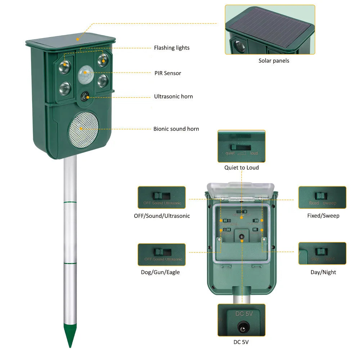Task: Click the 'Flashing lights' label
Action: (x=171, y=48)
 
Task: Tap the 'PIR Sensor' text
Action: (x=167, y=73)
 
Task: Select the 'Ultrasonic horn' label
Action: (x=173, y=96)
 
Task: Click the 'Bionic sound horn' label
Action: (x=176, y=129)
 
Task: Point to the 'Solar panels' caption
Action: (x=274, y=61)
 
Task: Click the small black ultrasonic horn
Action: (x=85, y=96)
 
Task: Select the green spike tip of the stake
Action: (x=70, y=335)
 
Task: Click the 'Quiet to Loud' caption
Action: (x=241, y=168)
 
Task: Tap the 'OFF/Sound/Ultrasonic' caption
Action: (x=162, y=216)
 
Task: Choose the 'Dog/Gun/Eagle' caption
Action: (x=160, y=272)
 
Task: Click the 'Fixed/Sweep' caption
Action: (x=323, y=216)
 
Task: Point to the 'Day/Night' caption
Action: (x=323, y=272)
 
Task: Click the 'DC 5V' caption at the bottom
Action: (x=241, y=342)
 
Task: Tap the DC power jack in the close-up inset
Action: (x=241, y=327)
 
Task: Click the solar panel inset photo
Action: (x=270, y=30)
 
